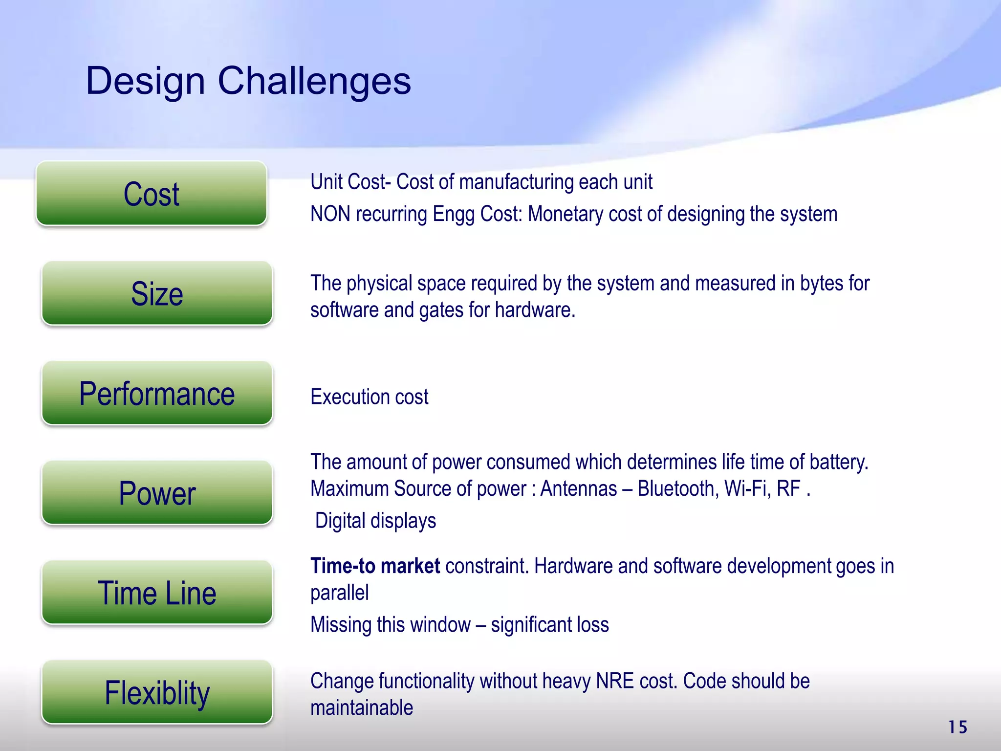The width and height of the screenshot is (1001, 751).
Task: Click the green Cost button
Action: click(x=152, y=194)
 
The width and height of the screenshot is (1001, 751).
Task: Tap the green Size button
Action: click(x=157, y=293)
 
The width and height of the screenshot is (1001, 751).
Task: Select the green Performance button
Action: click(x=157, y=394)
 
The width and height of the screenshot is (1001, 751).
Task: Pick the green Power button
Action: click(x=157, y=493)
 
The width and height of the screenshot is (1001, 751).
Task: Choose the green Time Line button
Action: click(x=157, y=593)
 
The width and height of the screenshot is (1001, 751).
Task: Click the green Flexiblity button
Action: click(x=157, y=692)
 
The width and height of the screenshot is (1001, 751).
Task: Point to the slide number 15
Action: click(x=957, y=727)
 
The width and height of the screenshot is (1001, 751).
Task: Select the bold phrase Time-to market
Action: click(x=375, y=566)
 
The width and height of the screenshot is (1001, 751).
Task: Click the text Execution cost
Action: click(x=369, y=397)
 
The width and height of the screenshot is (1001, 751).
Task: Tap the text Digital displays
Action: click(x=375, y=521)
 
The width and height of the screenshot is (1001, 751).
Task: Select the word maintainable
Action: click(x=362, y=708)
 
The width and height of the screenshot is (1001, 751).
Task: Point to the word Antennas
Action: click(x=578, y=489)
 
